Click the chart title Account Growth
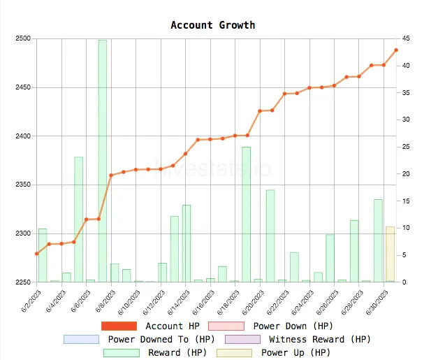[x=213, y=25]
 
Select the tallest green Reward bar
[x=103, y=161]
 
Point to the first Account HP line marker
[x=37, y=254]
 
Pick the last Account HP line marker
[x=396, y=50]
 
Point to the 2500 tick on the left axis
[x=23, y=38]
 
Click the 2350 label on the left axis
[x=23, y=185]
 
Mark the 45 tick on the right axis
[x=405, y=38]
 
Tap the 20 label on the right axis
[x=405, y=174]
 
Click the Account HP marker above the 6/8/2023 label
[x=110, y=175]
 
